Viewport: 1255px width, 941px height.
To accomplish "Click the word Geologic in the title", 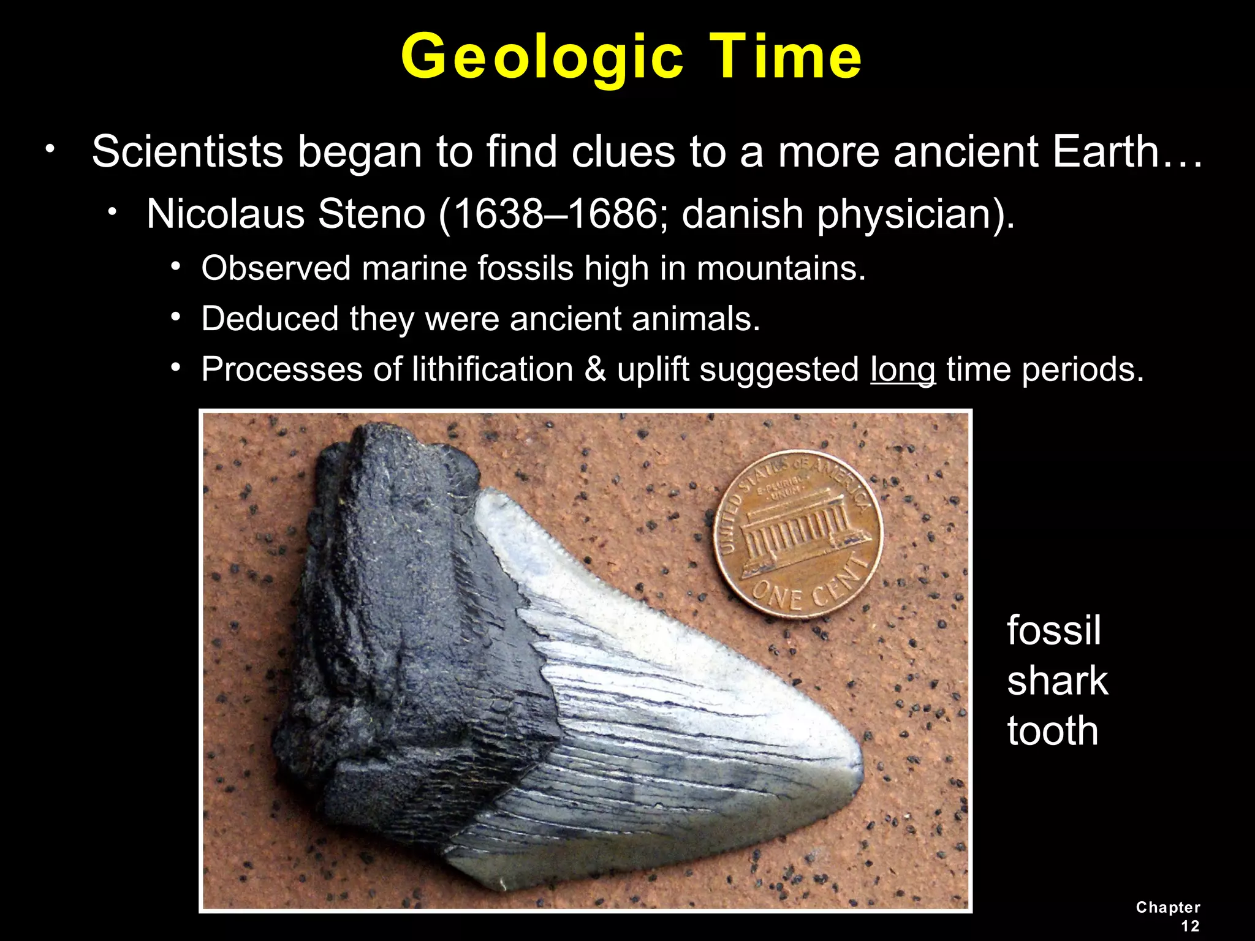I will click(542, 58).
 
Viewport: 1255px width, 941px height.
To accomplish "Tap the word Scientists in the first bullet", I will click(187, 152).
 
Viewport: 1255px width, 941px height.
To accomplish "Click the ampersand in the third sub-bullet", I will click(595, 369).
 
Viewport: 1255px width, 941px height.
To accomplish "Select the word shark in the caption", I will click(1057, 681).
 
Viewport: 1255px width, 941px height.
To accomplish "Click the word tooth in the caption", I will click(1052, 731).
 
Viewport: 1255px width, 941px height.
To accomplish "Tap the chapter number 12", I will click(1189, 926).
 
